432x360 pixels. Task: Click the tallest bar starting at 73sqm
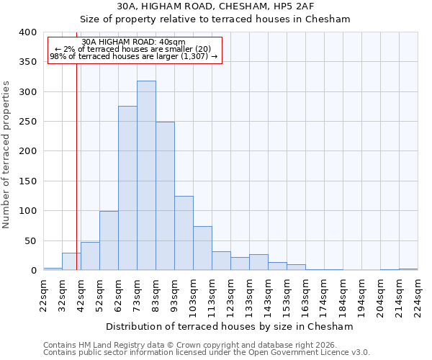tap(146, 176)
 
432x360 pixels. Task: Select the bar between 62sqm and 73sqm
tap(127, 189)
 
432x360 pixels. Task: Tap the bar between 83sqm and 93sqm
tap(165, 196)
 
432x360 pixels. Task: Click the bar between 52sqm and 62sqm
tap(109, 241)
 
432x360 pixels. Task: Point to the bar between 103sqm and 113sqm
tap(202, 248)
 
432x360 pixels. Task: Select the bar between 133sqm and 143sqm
tap(258, 263)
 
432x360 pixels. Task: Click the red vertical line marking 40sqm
tap(76, 180)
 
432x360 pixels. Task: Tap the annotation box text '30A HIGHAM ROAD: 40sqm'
tap(133, 42)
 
